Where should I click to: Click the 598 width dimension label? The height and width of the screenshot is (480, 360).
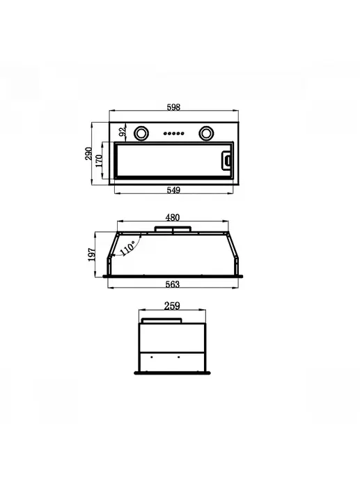point(173,107)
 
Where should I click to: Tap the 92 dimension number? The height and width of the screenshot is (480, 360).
point(123,132)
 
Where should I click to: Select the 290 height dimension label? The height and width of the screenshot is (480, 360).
point(88,154)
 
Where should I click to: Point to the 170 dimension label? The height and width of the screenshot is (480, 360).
point(99,161)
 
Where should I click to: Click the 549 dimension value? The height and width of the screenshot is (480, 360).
point(173,190)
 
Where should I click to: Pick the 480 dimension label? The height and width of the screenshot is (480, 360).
point(173,217)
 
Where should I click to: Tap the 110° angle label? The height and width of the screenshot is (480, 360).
point(127,248)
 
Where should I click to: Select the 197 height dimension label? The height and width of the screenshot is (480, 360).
point(92,255)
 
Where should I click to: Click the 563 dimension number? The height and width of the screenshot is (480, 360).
point(173,284)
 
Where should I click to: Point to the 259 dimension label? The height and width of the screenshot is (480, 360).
point(172,306)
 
